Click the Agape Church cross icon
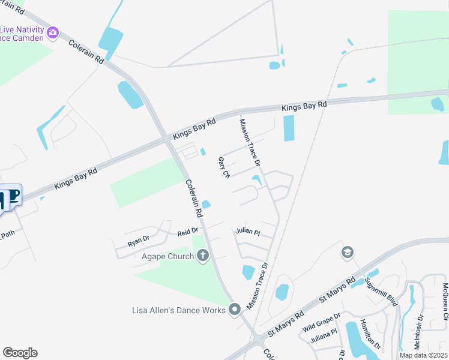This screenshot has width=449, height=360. point(203,256)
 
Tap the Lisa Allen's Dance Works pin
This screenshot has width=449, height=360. point(235,310)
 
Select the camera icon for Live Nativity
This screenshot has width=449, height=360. point(53,32)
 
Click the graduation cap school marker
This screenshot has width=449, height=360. point(347,252)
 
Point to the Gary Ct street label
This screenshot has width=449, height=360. point(224,167)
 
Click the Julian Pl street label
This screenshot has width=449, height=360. point(248,232)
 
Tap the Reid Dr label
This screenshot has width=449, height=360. point(187,232)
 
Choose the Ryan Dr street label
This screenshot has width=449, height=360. point(138,241)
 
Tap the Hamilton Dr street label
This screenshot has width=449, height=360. point(371,334)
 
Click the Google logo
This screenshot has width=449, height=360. point(20,353)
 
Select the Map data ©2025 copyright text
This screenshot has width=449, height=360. point(423,355)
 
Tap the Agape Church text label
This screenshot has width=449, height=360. point(167,257)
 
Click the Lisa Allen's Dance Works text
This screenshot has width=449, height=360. point(179,310)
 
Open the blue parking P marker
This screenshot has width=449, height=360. point(14,196)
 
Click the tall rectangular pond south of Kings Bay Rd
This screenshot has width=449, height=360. point(289,128)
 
